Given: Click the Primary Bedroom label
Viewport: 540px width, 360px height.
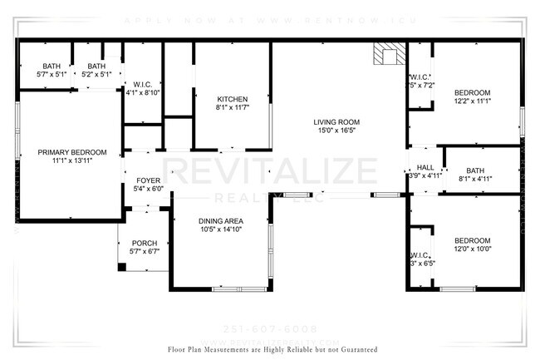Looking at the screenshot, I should [72, 152].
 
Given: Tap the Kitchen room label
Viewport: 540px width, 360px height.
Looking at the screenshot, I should [233, 98].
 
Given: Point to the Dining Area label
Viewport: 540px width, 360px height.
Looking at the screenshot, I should [220, 220].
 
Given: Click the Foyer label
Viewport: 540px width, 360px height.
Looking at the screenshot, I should [148, 180].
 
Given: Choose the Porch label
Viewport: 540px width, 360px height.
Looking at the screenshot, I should [144, 244].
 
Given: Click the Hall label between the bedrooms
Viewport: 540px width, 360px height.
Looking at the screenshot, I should [425, 167].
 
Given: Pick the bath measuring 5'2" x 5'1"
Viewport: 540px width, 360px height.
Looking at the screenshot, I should [96, 71].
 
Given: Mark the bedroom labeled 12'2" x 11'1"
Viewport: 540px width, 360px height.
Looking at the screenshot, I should [473, 96].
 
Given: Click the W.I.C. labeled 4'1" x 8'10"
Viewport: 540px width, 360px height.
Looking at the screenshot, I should [141, 89].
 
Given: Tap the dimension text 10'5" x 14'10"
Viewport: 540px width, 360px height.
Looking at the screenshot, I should [220, 229].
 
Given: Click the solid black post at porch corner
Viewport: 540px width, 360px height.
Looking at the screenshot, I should [122, 267].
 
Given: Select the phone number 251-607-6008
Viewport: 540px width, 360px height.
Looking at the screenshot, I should [273, 328].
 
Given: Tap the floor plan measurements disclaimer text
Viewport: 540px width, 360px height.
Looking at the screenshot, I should [272, 350].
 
